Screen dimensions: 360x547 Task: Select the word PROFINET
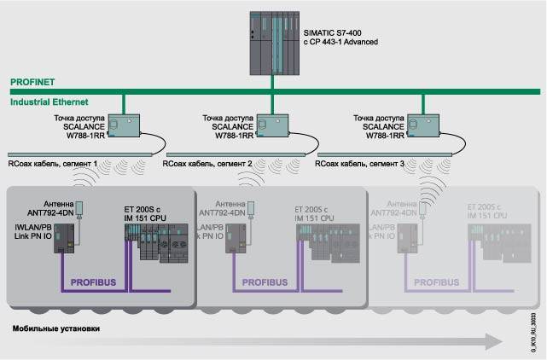32,83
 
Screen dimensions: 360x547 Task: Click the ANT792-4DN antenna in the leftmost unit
79,207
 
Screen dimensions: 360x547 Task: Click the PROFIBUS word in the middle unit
265,279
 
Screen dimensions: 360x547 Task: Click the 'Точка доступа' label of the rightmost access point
377,116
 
